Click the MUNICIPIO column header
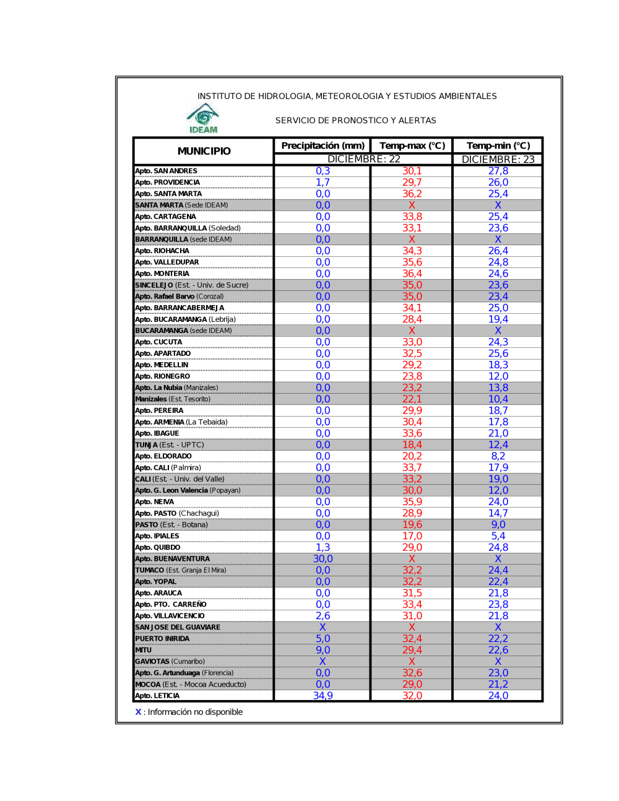[x=204, y=151]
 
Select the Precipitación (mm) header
[x=322, y=145]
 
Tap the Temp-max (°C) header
[x=412, y=145]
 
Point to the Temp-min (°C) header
[x=498, y=145]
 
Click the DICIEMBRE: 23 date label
[x=498, y=159]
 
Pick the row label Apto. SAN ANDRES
[x=167, y=171]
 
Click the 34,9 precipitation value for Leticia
[x=322, y=696]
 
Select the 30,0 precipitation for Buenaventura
[x=322, y=559]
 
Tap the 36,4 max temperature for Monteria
[x=412, y=274]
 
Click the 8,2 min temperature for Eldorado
[x=498, y=456]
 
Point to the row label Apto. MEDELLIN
[x=162, y=365]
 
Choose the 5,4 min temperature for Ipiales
[x=498, y=536]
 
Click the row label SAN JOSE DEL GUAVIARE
[x=178, y=628]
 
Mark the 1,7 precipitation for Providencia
[x=322, y=183]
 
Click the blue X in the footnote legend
[x=138, y=712]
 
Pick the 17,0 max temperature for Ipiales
[x=412, y=536]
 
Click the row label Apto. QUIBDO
[x=158, y=548]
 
